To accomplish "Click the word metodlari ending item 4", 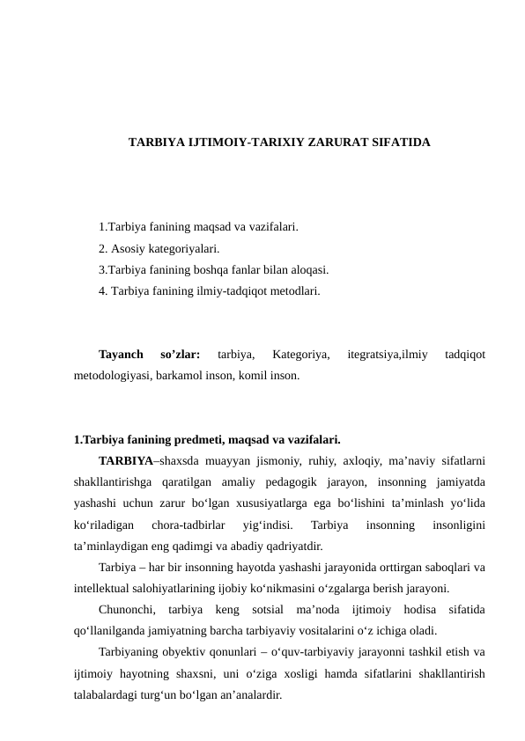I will click(293, 289).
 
